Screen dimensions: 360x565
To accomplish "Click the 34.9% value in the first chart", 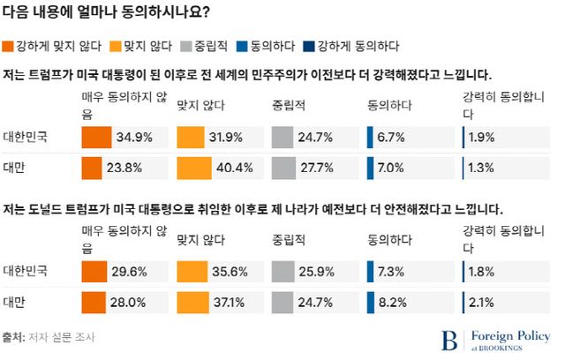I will [135, 138].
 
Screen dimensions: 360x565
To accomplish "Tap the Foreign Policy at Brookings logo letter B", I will [450, 340].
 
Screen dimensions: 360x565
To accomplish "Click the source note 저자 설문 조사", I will [60, 337].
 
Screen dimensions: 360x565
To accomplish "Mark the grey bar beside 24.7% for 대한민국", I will [282, 138].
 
